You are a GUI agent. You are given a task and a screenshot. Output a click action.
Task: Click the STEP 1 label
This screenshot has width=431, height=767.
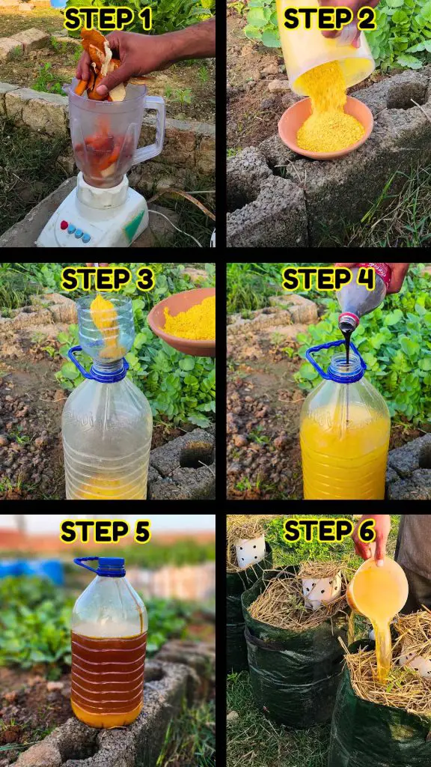coord(108,19)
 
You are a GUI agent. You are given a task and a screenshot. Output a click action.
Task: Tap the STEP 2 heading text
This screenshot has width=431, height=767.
coord(329,19)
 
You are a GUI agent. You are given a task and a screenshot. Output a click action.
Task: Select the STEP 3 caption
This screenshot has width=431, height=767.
coord(108,280)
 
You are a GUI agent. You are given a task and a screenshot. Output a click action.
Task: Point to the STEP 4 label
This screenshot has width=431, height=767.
coord(328,280)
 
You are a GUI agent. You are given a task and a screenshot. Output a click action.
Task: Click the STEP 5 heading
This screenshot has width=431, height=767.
coord(105,532)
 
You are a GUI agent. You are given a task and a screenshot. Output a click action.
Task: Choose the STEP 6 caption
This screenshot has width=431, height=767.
coord(329,531)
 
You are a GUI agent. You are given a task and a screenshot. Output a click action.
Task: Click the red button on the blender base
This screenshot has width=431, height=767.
coord(64,225)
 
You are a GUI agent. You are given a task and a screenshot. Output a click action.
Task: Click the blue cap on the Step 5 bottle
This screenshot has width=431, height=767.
coord(111,567)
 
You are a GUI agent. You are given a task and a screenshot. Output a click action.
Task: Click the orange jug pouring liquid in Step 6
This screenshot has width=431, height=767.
coord(377,588)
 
